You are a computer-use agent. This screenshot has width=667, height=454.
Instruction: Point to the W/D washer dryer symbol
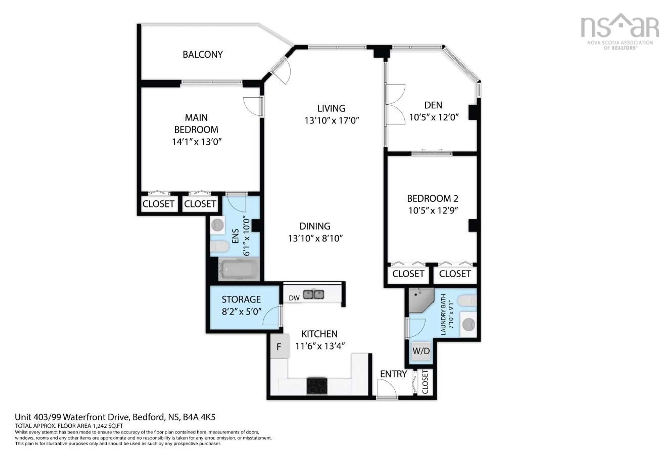(421, 351)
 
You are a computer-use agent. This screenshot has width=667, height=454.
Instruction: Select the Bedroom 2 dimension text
(433, 210)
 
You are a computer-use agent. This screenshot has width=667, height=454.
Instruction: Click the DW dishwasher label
(294, 298)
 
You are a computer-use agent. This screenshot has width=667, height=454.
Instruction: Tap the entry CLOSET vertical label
(425, 382)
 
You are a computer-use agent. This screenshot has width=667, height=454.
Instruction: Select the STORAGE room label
(241, 299)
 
